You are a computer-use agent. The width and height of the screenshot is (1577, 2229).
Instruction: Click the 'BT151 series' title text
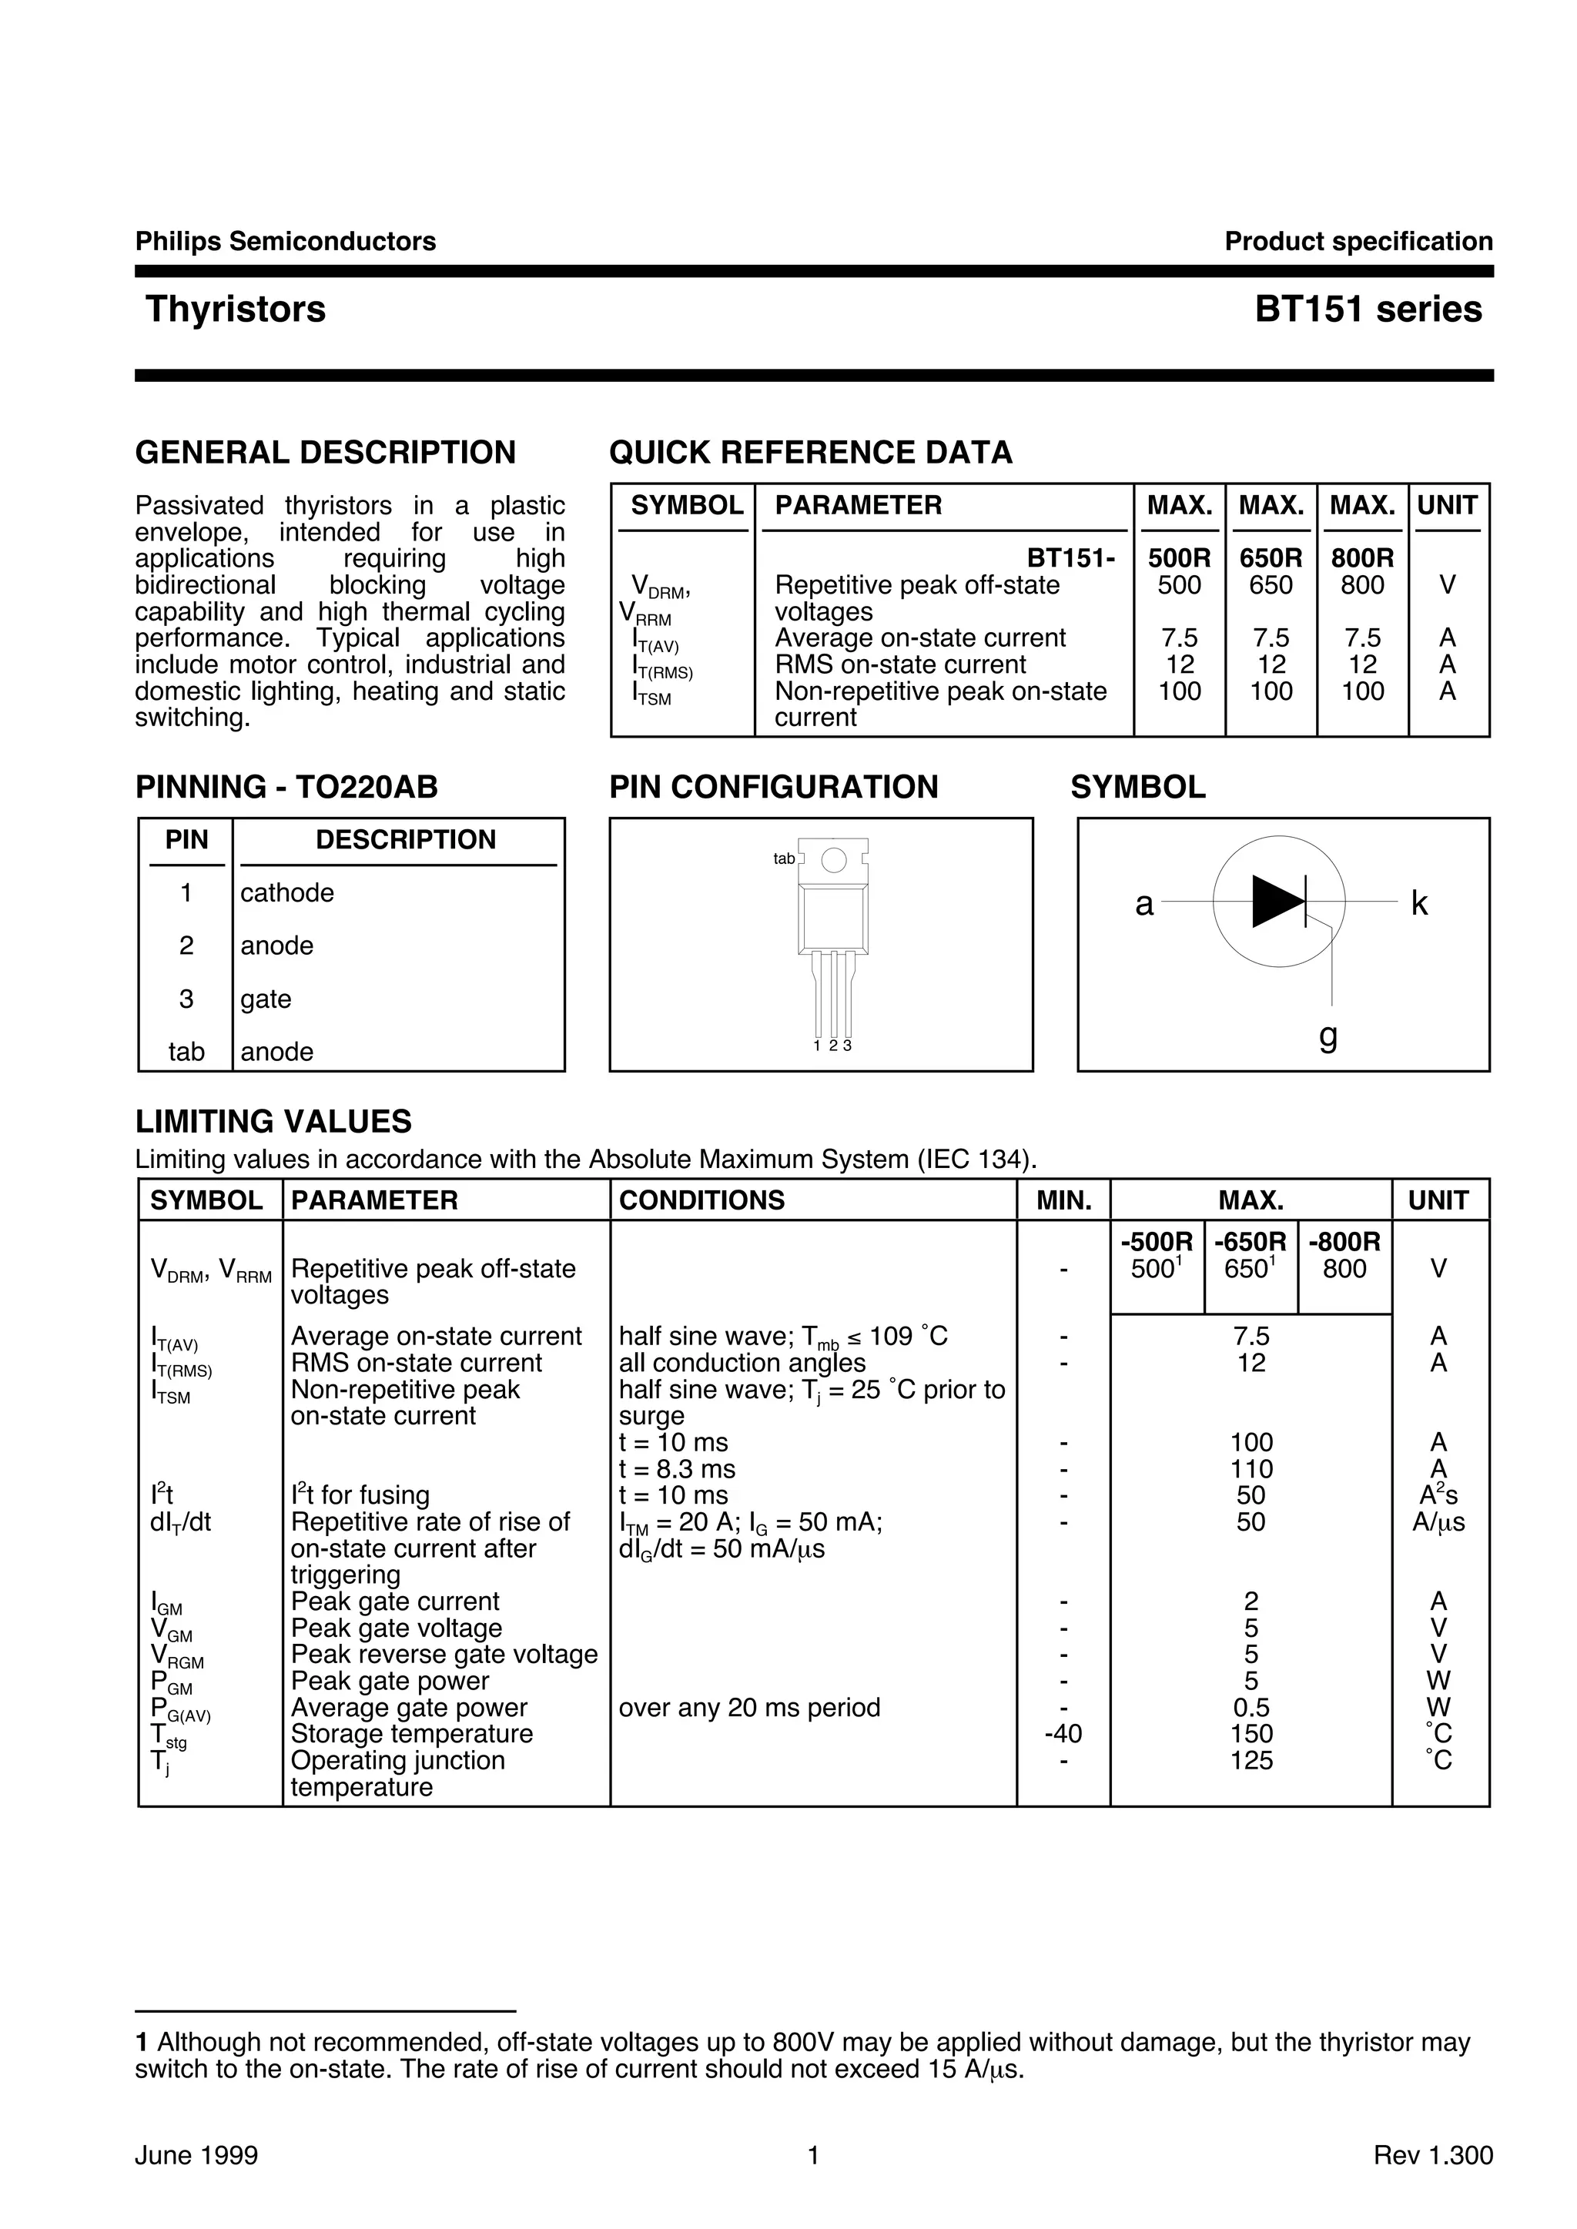pos(1368,310)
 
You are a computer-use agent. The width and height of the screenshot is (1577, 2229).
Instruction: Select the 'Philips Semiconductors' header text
pos(286,242)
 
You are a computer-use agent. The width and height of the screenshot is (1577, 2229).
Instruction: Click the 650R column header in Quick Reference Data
pos(1270,558)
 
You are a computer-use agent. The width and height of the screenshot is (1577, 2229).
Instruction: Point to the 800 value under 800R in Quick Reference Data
pos(1361,585)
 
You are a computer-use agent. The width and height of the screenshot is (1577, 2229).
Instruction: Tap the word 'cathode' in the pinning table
pos(286,893)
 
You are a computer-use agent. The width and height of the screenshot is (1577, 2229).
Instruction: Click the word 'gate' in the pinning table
pos(265,999)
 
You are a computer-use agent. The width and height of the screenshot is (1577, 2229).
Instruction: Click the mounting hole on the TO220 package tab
pos(833,860)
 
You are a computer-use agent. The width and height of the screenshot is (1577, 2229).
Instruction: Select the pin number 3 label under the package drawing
pos(848,1046)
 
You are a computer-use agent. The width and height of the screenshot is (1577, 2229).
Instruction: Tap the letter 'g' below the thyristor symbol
pos(1328,1037)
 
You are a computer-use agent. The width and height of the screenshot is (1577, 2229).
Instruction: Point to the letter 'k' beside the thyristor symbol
pos(1418,904)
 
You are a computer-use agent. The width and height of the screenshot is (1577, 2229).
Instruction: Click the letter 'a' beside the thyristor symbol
pos(1144,904)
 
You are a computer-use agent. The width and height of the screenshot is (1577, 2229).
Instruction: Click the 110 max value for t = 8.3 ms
pos(1251,1470)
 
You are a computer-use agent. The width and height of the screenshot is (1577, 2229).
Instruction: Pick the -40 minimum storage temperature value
pos(1063,1734)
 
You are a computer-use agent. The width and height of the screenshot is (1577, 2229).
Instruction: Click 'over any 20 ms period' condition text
pos(748,1708)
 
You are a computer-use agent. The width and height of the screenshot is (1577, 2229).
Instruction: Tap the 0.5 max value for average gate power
pos(1251,1708)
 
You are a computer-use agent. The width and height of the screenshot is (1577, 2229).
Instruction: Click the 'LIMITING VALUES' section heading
pos(273,1123)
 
